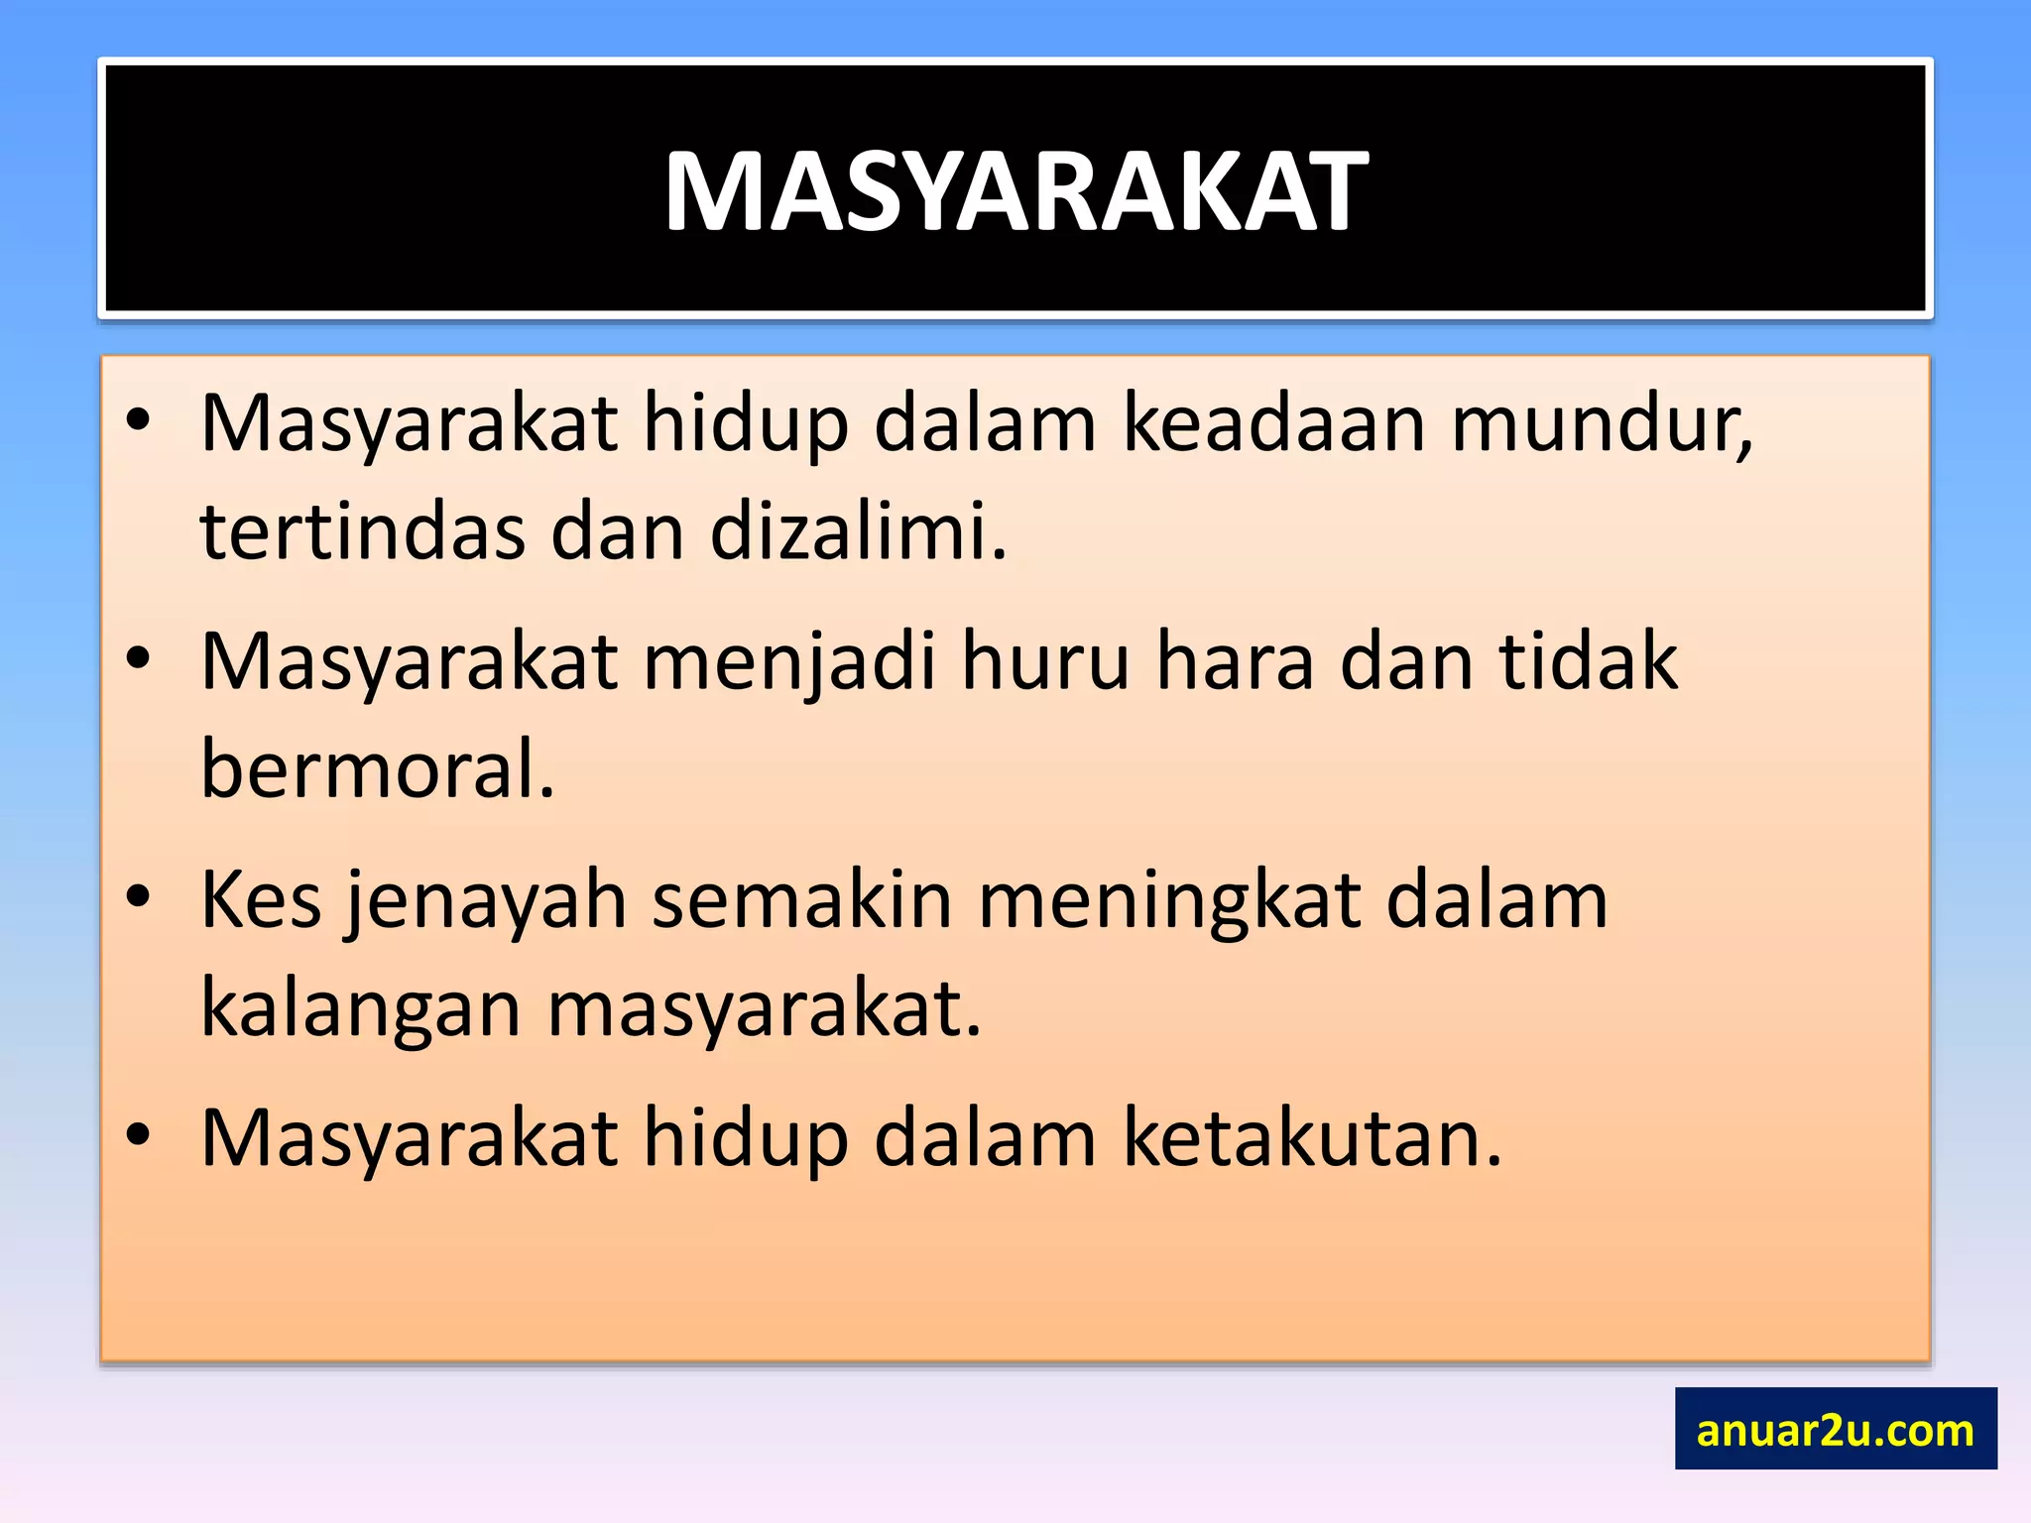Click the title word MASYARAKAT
(x=1015, y=191)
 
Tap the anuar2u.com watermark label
(x=1835, y=1430)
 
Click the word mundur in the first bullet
(x=1602, y=424)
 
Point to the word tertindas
(x=362, y=531)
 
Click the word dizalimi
(x=859, y=531)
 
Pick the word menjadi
(x=789, y=662)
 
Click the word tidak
(x=1588, y=662)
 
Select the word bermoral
(x=378, y=769)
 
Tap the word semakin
(x=801, y=900)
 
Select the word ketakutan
(x=1313, y=1138)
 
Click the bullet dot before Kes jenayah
(x=138, y=896)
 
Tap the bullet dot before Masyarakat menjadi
(x=138, y=657)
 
